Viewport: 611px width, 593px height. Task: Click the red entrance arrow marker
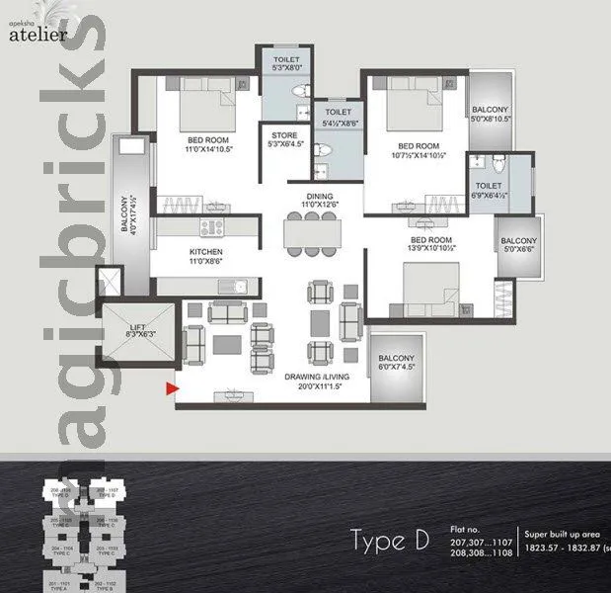[x=172, y=389]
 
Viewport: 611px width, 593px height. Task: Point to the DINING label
[x=319, y=198]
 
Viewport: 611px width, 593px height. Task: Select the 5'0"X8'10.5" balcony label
[x=491, y=113]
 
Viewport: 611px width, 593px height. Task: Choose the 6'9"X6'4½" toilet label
[x=488, y=191]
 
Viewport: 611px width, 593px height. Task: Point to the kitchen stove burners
[x=210, y=227]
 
